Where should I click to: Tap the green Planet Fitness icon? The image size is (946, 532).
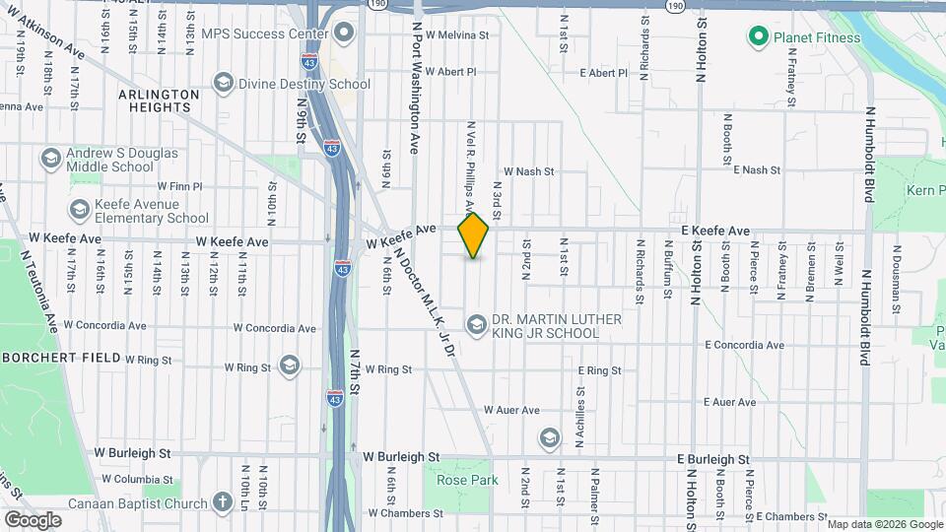(x=758, y=38)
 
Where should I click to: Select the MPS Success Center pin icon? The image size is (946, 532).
(x=344, y=33)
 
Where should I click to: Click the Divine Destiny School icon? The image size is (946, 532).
(x=223, y=84)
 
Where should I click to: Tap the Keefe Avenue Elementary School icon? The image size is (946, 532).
(x=80, y=210)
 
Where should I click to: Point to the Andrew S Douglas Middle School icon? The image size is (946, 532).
(x=50, y=158)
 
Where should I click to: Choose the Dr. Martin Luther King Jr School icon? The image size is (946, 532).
(x=476, y=325)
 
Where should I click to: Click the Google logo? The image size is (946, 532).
(x=33, y=520)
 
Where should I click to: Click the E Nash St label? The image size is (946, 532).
(x=748, y=170)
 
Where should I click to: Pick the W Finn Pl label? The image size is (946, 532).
(x=179, y=185)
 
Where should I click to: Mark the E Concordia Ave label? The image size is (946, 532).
(x=744, y=346)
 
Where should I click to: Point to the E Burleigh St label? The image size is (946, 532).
(x=713, y=460)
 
